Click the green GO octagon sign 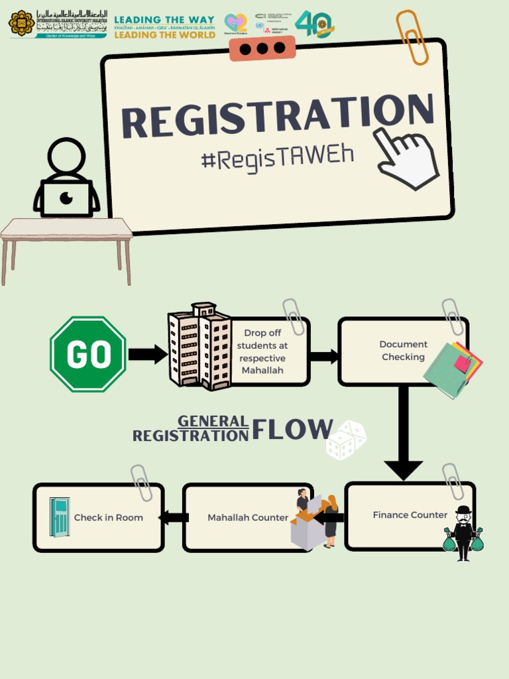[x=88, y=354]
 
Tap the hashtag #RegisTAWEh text [x=276, y=157]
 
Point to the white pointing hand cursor [x=406, y=158]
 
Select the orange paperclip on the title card [x=412, y=37]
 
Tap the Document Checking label [x=403, y=350]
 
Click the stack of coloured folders [x=453, y=369]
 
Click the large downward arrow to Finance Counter [x=403, y=438]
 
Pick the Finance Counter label [x=410, y=515]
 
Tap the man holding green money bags [x=463, y=533]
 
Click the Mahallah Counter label [x=247, y=517]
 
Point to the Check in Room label [x=108, y=517]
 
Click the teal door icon [x=60, y=517]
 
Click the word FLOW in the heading [x=292, y=430]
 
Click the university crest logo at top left [x=21, y=23]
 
